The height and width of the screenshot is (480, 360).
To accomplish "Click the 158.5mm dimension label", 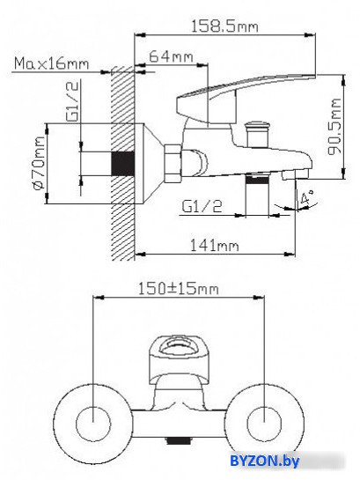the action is (224, 26).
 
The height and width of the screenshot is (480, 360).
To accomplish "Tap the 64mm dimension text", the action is (172, 56).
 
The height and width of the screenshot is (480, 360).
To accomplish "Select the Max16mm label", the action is (52, 64).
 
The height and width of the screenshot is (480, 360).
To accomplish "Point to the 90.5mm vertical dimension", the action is (334, 127).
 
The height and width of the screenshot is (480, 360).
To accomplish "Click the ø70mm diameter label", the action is (39, 163).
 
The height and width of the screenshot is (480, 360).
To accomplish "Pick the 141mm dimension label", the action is (214, 246).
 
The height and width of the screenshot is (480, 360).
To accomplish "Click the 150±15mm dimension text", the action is (179, 289).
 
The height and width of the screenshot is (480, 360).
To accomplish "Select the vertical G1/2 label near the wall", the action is (72, 101).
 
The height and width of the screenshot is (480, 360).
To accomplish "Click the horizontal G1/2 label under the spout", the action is (202, 206).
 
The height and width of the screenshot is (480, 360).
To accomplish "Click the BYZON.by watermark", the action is (265, 460).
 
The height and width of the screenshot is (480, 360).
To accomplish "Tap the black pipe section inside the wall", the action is (122, 164).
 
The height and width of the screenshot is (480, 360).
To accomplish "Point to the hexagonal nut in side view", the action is (173, 164).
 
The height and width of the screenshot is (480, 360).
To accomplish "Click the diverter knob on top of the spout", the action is (258, 133).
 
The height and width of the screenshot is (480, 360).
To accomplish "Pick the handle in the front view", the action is (178, 360).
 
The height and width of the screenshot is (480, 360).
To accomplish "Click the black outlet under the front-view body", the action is (178, 441).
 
